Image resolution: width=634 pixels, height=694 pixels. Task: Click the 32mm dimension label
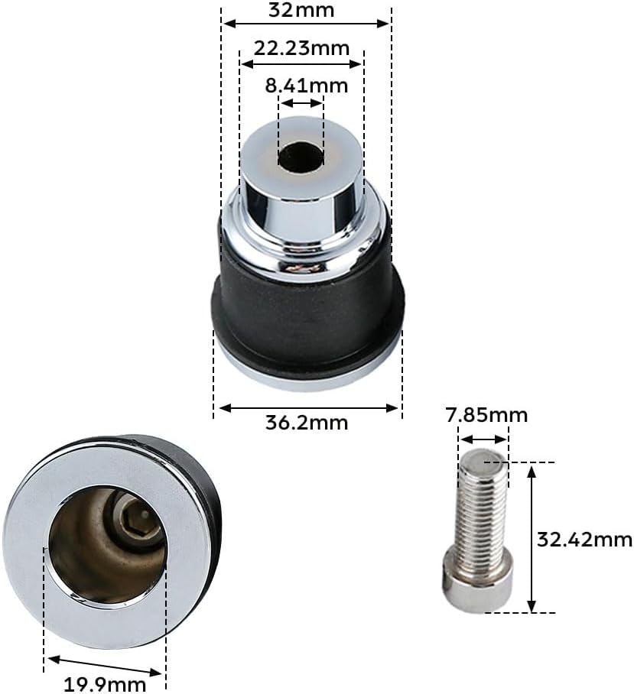pos(301,10)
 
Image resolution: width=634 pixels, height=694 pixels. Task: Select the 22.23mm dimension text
pos(301,48)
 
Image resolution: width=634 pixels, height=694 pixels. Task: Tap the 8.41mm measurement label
pos(307,85)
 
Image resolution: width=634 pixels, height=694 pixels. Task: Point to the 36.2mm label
pos(307,423)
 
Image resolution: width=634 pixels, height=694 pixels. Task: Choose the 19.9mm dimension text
pos(105,684)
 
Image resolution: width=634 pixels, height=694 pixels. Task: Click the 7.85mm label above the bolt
pos(486,415)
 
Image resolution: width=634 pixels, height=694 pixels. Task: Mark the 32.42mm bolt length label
pos(584,540)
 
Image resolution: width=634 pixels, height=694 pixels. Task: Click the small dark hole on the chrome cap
pos(301,157)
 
